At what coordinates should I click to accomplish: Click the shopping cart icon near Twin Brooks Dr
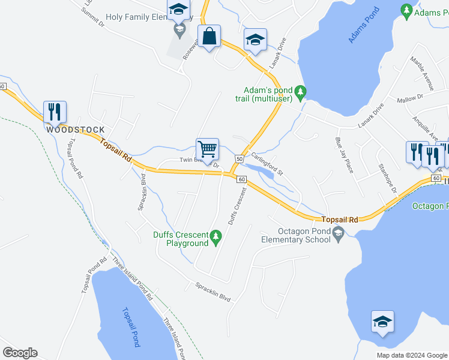tap(207, 148)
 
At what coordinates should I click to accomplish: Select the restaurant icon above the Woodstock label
tap(55, 111)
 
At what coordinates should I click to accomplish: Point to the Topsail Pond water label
tap(130, 328)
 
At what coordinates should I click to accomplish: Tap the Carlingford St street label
tap(267, 162)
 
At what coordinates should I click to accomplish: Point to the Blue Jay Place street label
tap(345, 155)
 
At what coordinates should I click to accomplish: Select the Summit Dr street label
tap(93, 18)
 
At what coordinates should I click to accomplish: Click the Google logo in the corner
tap(20, 353)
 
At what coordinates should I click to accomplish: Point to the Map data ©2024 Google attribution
tap(412, 355)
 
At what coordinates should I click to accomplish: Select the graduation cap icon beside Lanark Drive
tap(255, 41)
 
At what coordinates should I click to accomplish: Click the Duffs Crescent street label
tap(237, 206)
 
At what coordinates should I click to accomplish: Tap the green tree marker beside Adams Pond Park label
tap(406, 11)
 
